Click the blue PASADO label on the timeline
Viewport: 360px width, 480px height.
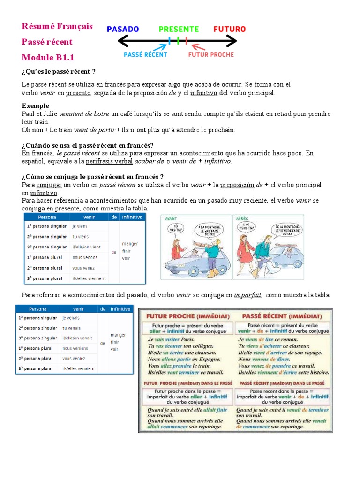click(123, 29)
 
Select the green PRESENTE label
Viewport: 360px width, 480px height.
click(179, 29)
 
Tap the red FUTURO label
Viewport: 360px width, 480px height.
click(229, 29)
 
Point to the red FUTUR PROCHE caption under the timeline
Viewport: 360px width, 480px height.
click(210, 54)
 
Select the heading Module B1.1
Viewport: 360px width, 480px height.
click(48, 58)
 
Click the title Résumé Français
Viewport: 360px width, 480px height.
click(57, 26)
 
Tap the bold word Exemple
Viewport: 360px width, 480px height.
click(36, 106)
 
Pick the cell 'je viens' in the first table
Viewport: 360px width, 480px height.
click(81, 226)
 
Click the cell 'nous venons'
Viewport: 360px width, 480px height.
click(85, 257)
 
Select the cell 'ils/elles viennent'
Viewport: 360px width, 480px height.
click(89, 278)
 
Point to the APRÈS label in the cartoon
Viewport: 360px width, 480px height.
click(241, 218)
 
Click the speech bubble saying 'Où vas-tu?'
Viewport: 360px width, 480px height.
click(175, 229)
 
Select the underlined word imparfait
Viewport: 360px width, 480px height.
click(247, 295)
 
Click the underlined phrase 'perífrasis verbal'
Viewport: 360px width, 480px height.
click(109, 161)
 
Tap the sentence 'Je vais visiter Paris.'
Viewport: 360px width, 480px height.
click(171, 339)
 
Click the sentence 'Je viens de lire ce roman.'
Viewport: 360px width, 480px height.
click(268, 339)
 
